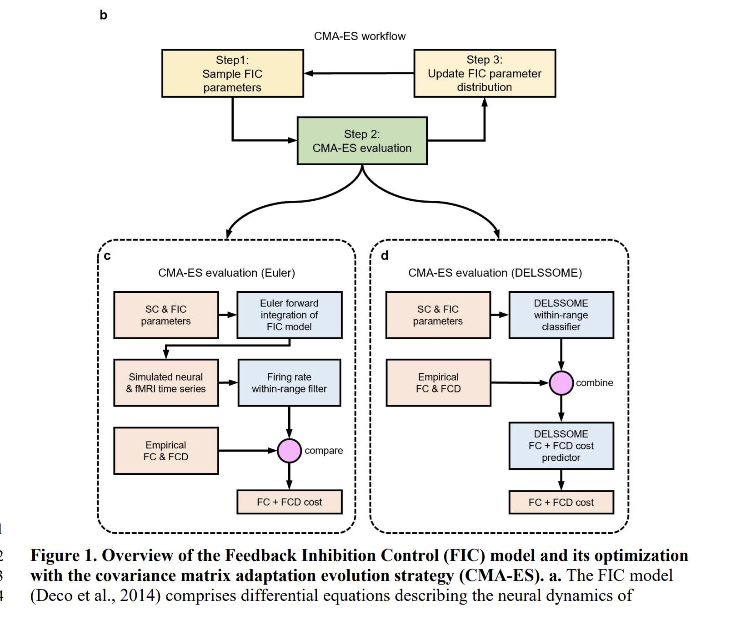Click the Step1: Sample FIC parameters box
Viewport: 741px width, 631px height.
232,73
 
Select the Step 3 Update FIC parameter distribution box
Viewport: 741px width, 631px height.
484,73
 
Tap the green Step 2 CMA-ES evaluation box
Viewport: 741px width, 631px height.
362,141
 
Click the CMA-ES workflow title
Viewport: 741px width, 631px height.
360,36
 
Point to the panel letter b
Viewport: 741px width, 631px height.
104,15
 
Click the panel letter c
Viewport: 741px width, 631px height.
107,256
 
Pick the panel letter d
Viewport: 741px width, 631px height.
385,256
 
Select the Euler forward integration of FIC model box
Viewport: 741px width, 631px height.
289,315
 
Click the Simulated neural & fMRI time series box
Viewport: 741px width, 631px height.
166,383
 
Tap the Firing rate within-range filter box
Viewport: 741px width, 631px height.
289,383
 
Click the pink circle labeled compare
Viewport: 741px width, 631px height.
289,451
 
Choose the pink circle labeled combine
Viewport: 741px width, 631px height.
561,383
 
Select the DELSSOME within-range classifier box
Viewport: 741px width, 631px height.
561,315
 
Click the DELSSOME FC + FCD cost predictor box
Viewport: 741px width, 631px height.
561,446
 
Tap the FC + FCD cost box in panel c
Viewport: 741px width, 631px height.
289,502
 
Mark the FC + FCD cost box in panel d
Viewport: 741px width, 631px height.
561,503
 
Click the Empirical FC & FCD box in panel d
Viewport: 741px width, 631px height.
438,383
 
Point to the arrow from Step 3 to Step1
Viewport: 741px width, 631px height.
359,73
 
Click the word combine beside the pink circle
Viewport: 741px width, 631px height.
594,383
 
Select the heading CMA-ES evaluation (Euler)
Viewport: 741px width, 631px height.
226,273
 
